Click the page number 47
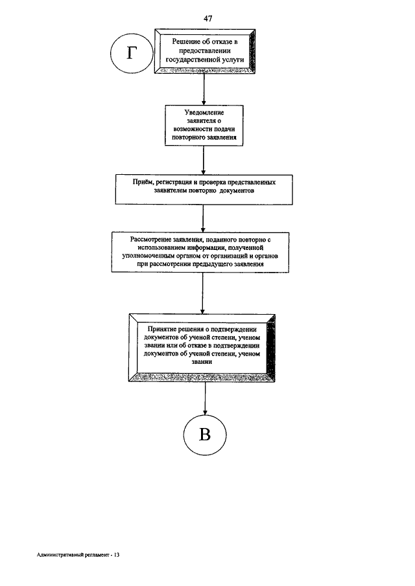(208, 18)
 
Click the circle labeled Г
(132, 54)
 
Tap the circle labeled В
(205, 434)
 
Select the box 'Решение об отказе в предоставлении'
(205, 51)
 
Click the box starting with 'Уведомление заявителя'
(204, 125)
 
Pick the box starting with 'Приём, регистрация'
(204, 190)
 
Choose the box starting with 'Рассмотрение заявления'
(200, 253)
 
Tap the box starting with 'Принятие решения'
(202, 348)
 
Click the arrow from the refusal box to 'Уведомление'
(204, 89)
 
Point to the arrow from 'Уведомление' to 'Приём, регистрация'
(204, 161)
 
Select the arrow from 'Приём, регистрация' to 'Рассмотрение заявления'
(203, 219)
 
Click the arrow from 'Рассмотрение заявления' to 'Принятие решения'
(203, 293)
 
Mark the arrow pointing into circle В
(205, 398)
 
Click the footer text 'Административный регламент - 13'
(78, 555)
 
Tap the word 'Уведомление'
(204, 113)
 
